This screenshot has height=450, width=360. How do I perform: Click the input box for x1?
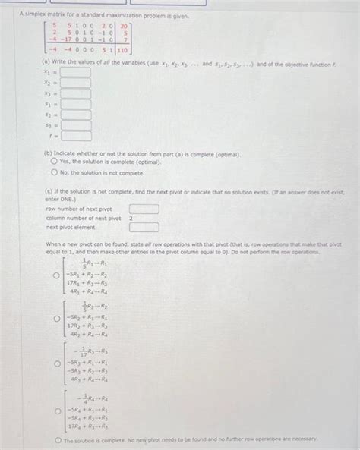[76, 73]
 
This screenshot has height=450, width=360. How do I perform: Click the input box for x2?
[76, 83]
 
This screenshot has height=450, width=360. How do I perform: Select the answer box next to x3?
[76, 94]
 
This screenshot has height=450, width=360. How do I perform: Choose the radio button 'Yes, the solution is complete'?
[54, 162]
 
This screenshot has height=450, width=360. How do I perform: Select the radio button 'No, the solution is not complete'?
[54, 172]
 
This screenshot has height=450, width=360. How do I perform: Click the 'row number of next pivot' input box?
[144, 209]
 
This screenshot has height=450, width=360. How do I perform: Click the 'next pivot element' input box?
[144, 226]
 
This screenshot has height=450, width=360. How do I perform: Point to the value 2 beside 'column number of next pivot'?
[131, 218]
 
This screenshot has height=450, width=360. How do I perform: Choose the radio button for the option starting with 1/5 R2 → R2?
[55, 319]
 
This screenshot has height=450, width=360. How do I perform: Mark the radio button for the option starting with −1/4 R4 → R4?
[55, 410]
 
